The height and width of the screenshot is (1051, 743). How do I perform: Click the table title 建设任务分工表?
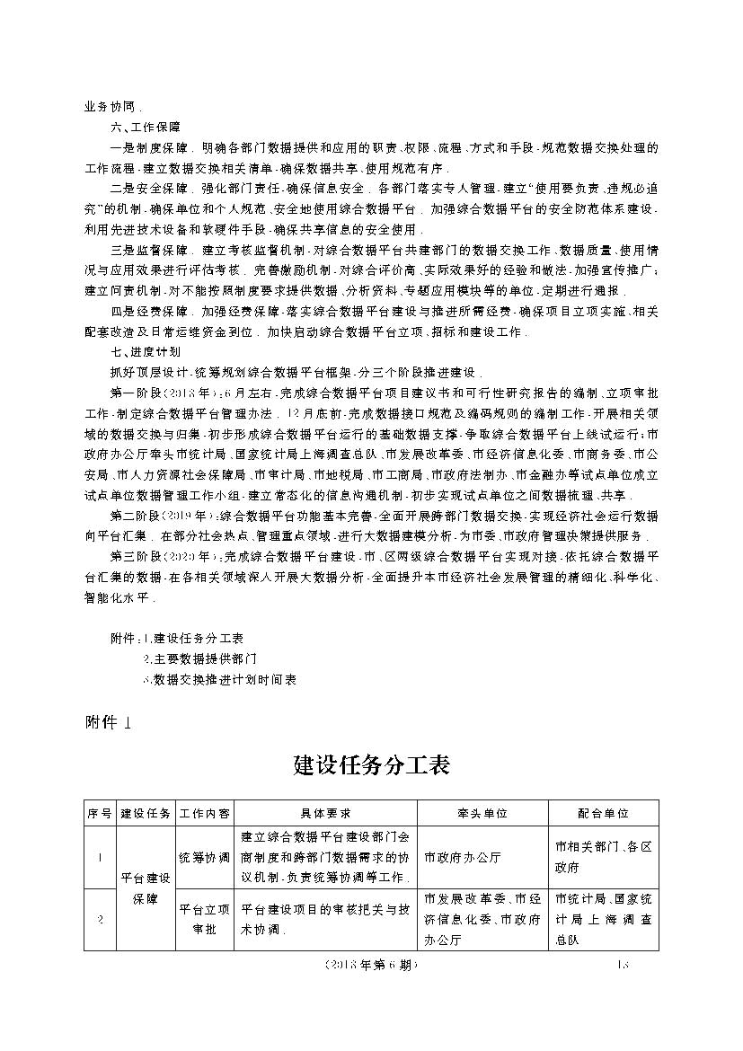[x=371, y=765]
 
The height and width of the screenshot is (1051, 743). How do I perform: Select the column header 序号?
[x=99, y=813]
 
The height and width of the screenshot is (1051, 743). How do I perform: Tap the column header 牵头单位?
[x=482, y=813]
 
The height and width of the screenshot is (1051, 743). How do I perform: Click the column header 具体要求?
[x=325, y=813]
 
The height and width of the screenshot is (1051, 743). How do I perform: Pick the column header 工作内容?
[x=205, y=813]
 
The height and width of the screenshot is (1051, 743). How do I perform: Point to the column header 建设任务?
[x=146, y=813]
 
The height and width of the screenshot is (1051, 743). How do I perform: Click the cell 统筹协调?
[x=205, y=857]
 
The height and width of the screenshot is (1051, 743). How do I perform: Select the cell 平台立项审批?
[x=205, y=919]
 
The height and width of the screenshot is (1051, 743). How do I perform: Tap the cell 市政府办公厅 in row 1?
[x=463, y=857]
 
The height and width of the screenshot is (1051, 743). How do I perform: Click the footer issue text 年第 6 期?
[x=371, y=966]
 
